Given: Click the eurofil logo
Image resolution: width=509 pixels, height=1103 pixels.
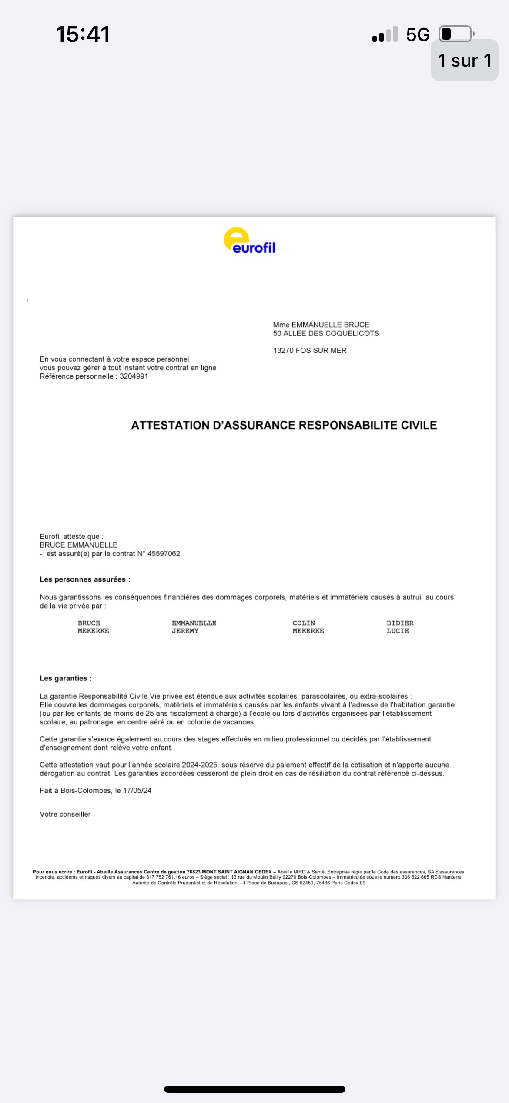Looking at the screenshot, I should pyautogui.click(x=249, y=241).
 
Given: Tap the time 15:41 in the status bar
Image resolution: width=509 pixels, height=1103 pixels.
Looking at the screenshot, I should pyautogui.click(x=83, y=34).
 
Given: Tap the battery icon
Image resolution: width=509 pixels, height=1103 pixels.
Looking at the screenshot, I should pyautogui.click(x=456, y=34).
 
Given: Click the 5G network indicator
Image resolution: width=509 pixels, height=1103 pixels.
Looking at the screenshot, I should pyautogui.click(x=418, y=35).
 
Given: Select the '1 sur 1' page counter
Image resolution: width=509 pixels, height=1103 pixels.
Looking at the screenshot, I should pyautogui.click(x=464, y=60).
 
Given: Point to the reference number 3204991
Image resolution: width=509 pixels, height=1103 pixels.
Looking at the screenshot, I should pyautogui.click(x=134, y=376).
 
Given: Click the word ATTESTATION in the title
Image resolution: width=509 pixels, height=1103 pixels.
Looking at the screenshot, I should pyautogui.click(x=170, y=425).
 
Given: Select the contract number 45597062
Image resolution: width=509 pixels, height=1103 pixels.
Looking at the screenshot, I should pyautogui.click(x=164, y=554).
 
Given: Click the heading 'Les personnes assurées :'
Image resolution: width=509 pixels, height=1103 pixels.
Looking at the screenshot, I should pyautogui.click(x=85, y=579).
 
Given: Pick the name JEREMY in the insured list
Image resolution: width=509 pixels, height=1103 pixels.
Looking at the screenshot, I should pyautogui.click(x=185, y=631).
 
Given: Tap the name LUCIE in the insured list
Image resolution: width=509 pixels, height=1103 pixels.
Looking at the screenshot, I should pyautogui.click(x=398, y=631).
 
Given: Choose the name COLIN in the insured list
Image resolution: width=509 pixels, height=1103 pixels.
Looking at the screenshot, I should pyautogui.click(x=304, y=623).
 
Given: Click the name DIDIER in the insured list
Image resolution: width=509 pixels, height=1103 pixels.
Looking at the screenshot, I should pyautogui.click(x=400, y=623).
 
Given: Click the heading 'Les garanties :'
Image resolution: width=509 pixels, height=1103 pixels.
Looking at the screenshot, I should pyautogui.click(x=66, y=678).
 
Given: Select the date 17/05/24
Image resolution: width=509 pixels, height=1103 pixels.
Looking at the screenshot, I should pyautogui.click(x=137, y=791).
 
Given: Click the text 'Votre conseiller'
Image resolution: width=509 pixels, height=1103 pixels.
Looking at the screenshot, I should pyautogui.click(x=65, y=814).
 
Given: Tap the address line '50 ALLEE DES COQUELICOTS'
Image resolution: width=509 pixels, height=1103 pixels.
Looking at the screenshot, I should pyautogui.click(x=326, y=333).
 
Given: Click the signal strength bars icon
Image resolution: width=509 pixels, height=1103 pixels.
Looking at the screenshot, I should pyautogui.click(x=385, y=34).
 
